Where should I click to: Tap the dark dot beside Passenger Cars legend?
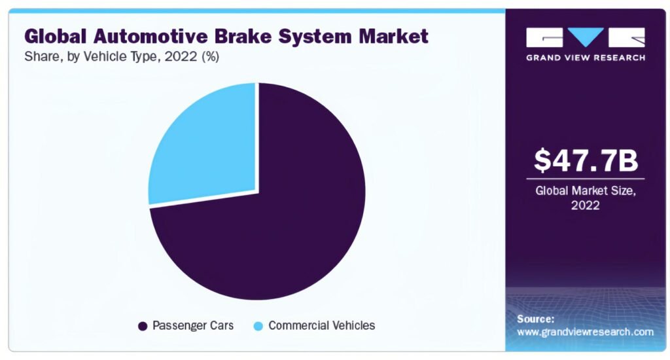(142, 325)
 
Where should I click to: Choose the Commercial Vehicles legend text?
(321, 325)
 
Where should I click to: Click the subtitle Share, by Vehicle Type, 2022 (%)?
(122, 57)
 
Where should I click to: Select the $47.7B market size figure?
(586, 161)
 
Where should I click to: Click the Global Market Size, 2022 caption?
(586, 198)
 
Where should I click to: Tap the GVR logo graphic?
(586, 37)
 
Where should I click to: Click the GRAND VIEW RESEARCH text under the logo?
(586, 58)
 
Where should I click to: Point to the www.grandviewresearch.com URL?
(584, 332)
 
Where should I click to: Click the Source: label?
(536, 319)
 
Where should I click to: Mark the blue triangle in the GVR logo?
(586, 35)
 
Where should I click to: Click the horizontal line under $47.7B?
(586, 179)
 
